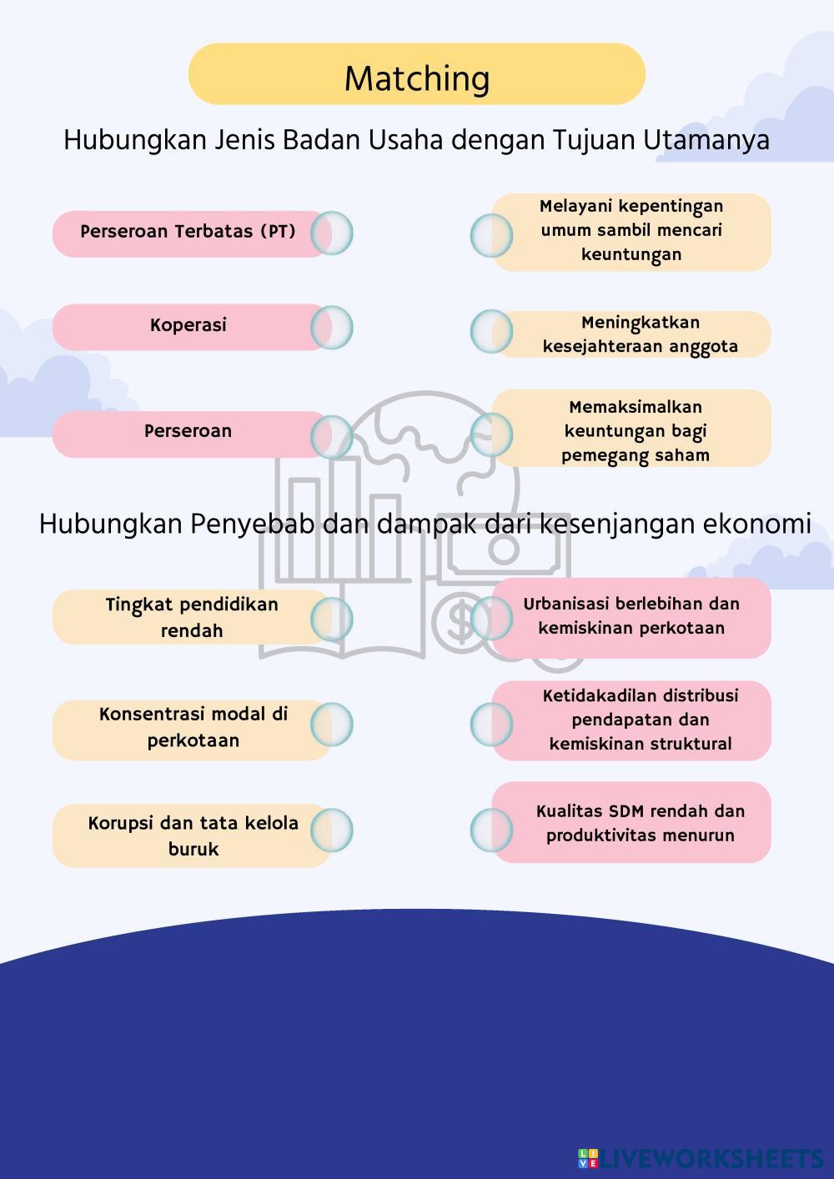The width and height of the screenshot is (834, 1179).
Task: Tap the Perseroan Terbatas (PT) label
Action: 188,232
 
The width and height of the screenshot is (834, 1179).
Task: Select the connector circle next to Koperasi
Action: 332,327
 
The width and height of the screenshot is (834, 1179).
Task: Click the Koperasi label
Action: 188,325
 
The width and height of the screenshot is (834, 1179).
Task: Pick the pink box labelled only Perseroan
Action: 188,432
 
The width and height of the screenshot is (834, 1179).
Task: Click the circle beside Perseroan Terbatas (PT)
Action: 332,233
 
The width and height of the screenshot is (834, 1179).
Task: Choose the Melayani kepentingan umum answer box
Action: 631,231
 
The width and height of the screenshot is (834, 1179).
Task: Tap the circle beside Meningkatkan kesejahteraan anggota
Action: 491,331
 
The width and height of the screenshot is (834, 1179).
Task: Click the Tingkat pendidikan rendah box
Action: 192,617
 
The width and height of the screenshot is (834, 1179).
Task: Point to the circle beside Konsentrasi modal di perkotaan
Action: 332,724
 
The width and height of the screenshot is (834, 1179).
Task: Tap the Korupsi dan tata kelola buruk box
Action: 193,835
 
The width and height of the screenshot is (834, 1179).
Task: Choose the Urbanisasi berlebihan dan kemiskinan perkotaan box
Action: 631,616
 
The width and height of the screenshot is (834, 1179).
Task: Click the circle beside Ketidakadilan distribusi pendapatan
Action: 491,723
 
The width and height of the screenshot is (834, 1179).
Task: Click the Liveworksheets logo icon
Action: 588,1158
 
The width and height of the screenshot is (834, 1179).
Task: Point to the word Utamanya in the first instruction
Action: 706,140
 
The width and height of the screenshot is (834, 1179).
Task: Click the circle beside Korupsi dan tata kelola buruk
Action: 332,830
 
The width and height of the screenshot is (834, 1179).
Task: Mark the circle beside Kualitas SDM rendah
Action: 491,830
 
